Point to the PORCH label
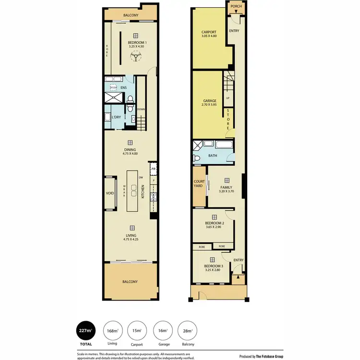tap(236, 7)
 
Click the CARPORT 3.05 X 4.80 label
tap(208, 34)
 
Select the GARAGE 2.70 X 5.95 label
tap(209, 103)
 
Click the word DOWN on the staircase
tap(141, 109)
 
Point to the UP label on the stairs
tap(228, 98)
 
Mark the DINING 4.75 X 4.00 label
tap(130, 152)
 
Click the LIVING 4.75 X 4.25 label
tap(130, 237)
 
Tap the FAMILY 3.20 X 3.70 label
tap(226, 189)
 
